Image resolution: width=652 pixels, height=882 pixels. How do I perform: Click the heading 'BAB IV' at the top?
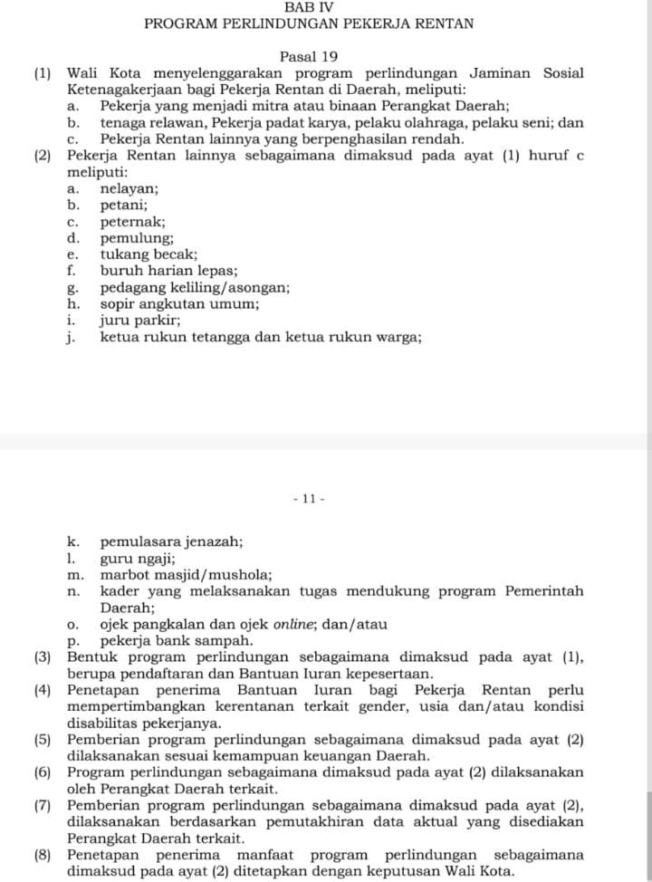tap(309, 6)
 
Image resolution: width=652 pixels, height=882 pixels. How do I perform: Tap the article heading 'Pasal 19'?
tap(309, 56)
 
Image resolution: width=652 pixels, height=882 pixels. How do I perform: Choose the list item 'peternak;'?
tap(132, 222)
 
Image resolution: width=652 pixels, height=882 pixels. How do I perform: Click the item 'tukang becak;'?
tap(148, 254)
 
